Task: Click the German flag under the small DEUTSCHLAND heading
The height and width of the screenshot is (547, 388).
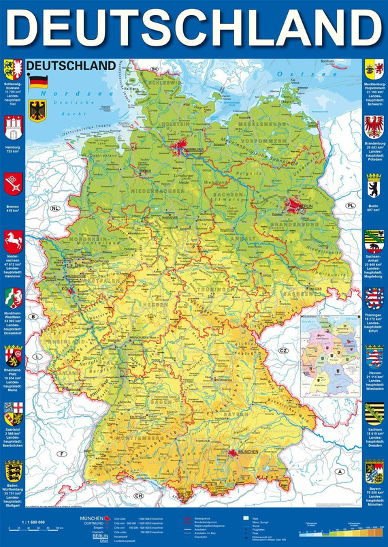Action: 35,81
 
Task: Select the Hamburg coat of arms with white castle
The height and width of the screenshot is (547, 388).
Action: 12,127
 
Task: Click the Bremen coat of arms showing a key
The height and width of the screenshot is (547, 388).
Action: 12,182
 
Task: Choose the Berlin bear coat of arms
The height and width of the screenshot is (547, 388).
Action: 374,185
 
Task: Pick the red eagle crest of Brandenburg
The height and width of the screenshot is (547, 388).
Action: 374,127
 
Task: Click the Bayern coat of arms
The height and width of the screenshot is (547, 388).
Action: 374,470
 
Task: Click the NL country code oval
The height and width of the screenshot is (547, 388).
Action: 55,207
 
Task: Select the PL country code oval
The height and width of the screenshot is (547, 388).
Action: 351,205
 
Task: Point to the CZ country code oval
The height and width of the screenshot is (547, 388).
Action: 284,350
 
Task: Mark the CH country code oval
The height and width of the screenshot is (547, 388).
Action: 139,495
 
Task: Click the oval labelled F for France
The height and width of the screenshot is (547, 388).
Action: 61,454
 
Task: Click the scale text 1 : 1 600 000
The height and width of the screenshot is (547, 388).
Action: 27,522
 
